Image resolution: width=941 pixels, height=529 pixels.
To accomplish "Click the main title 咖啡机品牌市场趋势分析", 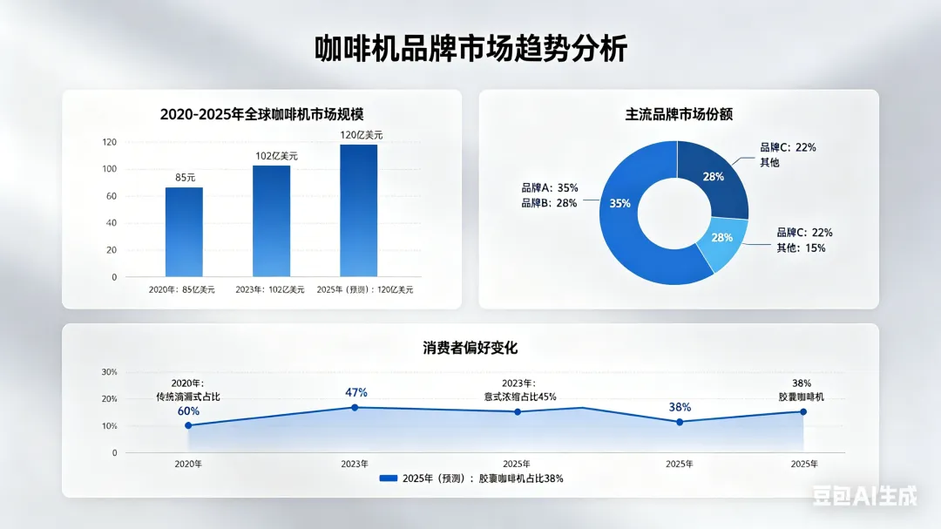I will (470, 48).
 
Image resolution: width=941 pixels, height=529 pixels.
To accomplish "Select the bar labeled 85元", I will (184, 232).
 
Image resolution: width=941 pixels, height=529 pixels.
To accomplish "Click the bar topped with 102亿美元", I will (271, 221).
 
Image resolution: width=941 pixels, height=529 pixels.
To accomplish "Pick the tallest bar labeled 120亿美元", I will (358, 211).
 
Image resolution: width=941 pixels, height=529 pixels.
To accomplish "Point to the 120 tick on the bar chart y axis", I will (109, 142).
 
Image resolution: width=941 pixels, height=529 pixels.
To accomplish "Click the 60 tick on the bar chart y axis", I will (112, 196).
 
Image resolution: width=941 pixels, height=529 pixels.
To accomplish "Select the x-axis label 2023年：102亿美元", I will (270, 289).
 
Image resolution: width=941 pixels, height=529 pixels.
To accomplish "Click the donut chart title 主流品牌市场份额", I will (679, 114).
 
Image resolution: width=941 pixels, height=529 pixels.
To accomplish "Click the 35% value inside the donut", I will (619, 204).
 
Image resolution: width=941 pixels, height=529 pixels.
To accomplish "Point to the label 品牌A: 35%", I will (549, 187).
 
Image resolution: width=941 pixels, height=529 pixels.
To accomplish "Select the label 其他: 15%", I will (801, 248).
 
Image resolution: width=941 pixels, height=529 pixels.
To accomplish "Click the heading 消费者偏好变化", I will (470, 348).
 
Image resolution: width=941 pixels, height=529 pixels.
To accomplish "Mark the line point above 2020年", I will (188, 425).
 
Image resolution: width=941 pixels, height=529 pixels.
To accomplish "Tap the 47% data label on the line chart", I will (356, 392).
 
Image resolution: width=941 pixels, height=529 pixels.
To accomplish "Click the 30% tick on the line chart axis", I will (109, 372).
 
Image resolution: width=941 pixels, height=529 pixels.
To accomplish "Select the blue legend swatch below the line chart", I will (389, 478).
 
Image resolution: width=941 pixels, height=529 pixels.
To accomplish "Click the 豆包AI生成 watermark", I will (864, 496).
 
